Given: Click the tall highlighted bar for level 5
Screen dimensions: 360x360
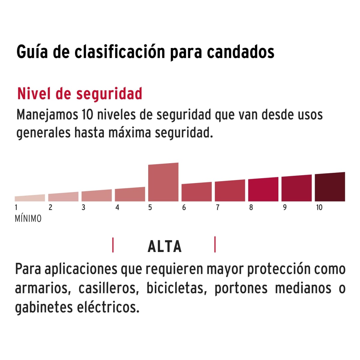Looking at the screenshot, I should pyautogui.click(x=163, y=182).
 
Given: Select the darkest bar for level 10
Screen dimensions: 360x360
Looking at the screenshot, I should pyautogui.click(x=330, y=187).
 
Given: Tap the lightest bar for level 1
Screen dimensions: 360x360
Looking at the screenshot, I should pyautogui.click(x=30, y=198).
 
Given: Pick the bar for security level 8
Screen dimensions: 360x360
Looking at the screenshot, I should pyautogui.click(x=263, y=190).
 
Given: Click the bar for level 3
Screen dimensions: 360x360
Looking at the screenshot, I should pyautogui.click(x=97, y=196).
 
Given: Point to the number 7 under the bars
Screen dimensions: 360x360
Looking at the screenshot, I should pyautogui.click(x=217, y=207).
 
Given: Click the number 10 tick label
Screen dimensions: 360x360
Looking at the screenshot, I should pyautogui.click(x=319, y=207).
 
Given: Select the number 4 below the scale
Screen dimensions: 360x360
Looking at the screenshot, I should pyautogui.click(x=117, y=207).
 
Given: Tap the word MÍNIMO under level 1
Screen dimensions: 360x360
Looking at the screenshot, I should pyautogui.click(x=28, y=219).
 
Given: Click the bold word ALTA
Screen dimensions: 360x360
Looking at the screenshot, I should pyautogui.click(x=164, y=247).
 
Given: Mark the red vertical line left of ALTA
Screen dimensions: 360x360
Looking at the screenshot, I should pyautogui.click(x=113, y=245).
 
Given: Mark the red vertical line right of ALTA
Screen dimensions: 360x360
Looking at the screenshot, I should pyautogui.click(x=215, y=244).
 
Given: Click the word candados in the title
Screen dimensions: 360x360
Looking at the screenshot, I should pyautogui.click(x=241, y=52).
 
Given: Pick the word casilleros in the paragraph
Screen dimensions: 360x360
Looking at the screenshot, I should pyautogui.click(x=110, y=288).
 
